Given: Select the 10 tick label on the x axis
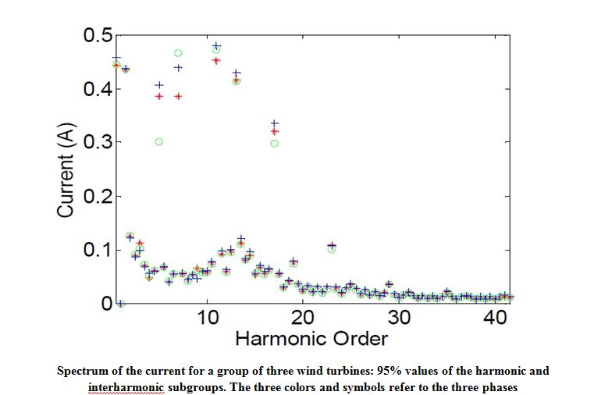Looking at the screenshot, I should (x=208, y=318).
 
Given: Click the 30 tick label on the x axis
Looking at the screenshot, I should (x=399, y=318).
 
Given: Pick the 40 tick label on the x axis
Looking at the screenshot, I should (x=495, y=318).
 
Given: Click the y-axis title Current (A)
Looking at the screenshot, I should (x=66, y=169).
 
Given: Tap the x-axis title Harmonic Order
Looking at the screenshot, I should (x=311, y=339).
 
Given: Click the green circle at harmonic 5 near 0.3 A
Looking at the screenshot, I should (x=159, y=141).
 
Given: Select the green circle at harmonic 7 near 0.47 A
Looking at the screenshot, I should (x=178, y=53).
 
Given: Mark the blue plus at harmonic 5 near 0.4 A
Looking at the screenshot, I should (x=159, y=85).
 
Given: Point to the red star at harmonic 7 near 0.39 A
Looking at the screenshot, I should (x=178, y=96).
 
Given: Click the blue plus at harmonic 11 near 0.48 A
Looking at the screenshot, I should (x=216, y=46).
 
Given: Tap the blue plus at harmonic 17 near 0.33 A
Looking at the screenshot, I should (x=274, y=123).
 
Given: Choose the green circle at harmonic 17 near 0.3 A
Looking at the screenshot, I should (x=274, y=143).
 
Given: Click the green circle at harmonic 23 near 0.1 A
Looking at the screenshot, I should (x=332, y=249).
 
